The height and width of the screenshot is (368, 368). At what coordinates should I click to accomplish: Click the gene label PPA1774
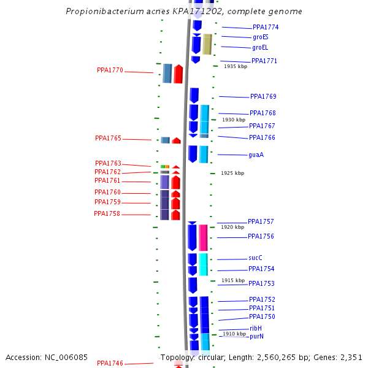click(266, 28)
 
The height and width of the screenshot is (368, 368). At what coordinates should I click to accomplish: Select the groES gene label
click(260, 37)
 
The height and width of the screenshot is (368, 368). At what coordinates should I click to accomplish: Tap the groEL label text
click(260, 48)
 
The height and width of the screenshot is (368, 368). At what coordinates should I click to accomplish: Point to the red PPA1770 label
click(110, 71)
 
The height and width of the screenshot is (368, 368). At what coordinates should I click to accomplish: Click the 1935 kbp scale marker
click(236, 66)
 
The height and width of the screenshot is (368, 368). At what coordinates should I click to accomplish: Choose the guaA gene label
click(256, 155)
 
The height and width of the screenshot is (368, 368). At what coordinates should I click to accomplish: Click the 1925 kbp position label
click(232, 174)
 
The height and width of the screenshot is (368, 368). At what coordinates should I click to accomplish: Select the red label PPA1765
click(108, 139)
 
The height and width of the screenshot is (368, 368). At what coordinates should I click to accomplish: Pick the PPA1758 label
click(107, 214)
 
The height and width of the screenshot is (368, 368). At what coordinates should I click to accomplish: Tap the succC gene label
click(255, 258)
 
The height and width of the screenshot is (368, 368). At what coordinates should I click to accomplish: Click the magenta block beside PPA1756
click(203, 237)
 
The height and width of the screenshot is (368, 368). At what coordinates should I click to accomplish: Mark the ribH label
click(255, 329)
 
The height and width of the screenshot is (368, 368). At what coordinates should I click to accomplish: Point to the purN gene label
click(256, 337)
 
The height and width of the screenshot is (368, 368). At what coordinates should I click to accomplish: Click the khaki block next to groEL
click(207, 44)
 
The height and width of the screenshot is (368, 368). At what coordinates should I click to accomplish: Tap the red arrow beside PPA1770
click(178, 74)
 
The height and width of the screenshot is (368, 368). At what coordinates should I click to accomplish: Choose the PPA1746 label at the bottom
click(110, 364)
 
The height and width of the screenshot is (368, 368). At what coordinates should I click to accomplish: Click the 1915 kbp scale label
click(233, 280)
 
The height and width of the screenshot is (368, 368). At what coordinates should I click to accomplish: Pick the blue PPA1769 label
click(263, 97)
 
